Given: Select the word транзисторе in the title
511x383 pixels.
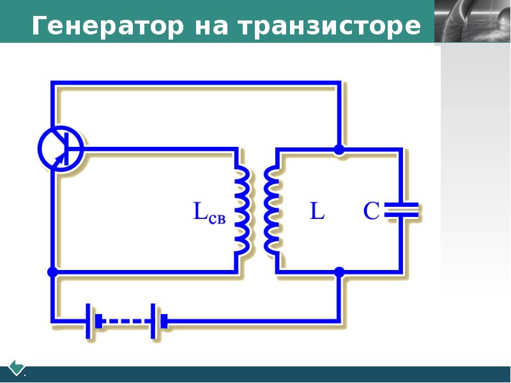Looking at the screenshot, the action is (x=330, y=26).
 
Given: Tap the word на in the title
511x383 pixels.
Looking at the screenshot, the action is (x=211, y=27).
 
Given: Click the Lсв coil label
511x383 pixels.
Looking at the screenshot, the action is (x=210, y=213).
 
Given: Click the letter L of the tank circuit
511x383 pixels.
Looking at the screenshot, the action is (x=317, y=211).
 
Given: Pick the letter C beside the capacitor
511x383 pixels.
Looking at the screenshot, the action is (x=372, y=211).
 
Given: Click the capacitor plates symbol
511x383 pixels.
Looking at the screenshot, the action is (x=401, y=210).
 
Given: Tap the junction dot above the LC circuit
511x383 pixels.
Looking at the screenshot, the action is (x=339, y=150).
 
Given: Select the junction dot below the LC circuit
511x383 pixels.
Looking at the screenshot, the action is (x=339, y=272).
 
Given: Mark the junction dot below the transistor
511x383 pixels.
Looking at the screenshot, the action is (x=52, y=272).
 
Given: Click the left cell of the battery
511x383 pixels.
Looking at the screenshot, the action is (x=93, y=321).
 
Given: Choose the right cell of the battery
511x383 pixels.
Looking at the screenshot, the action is (x=159, y=321).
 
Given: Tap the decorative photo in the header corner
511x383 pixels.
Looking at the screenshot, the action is (x=473, y=21).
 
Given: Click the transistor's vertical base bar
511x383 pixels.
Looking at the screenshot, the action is (x=66, y=149).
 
